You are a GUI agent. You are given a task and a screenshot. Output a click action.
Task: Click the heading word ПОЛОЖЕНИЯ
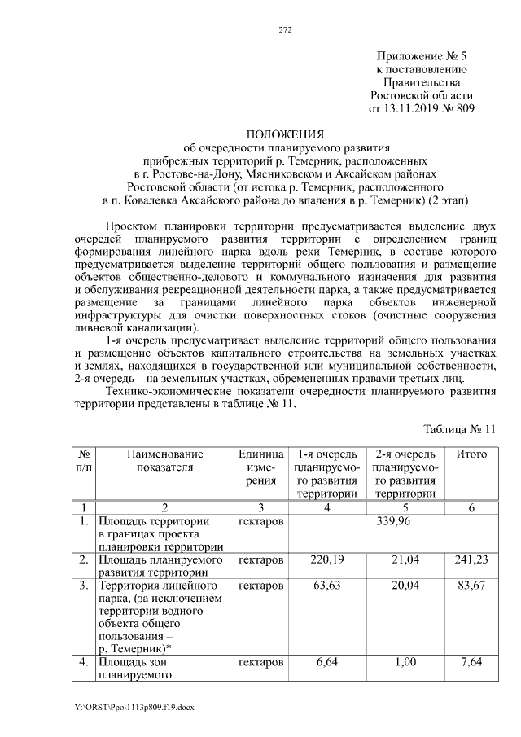point(286,134)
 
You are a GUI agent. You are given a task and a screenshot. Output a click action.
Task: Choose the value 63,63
point(326,586)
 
